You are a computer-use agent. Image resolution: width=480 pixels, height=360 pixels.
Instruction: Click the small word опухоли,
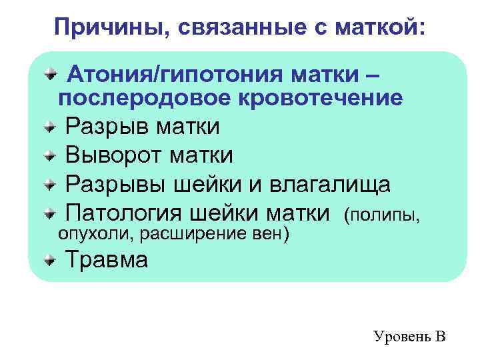point(91,233)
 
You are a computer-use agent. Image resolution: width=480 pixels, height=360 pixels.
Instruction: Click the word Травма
point(107,259)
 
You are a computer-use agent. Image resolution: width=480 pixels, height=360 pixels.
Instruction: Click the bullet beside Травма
point(51,259)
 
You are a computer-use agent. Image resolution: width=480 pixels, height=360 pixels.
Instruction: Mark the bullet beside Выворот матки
point(51,156)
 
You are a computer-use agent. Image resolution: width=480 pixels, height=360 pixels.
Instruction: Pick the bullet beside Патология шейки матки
point(51,214)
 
